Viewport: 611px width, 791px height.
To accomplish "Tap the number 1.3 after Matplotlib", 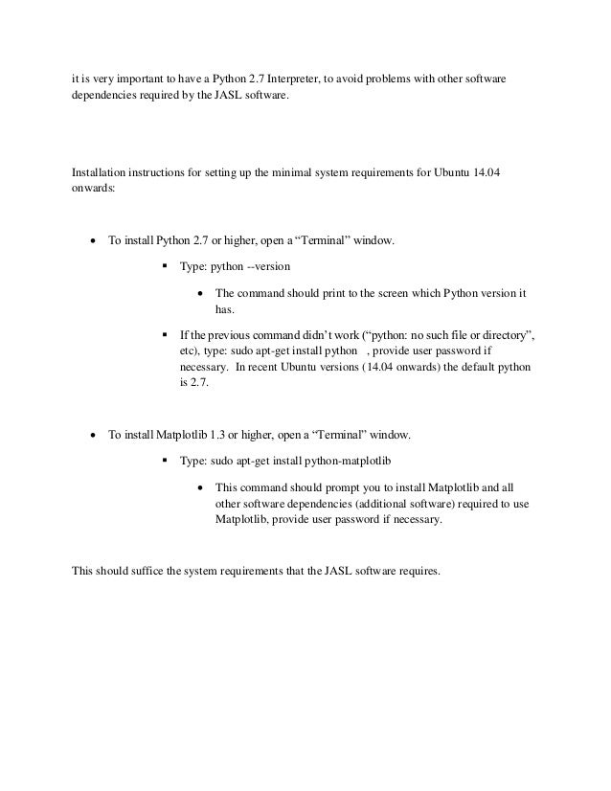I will (x=222, y=436).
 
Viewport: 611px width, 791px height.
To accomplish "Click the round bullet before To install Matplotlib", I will (x=92, y=436).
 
